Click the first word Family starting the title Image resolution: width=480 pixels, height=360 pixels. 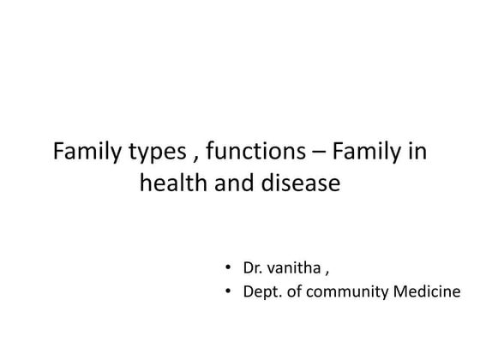pyautogui.click(x=86, y=153)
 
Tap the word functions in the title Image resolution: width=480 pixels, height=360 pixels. pyautogui.click(x=248, y=153)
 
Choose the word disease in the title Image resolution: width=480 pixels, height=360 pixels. pyautogui.click(x=297, y=184)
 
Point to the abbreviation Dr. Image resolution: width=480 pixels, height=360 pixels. pyautogui.click(x=254, y=268)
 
